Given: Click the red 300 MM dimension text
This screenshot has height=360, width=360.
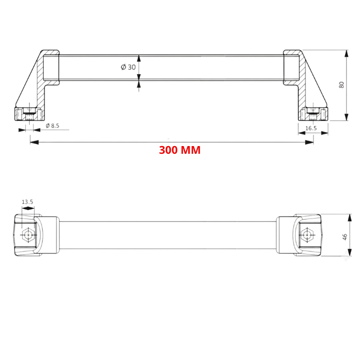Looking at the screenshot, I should [179, 150].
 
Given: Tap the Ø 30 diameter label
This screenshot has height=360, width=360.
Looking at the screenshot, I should [128, 67].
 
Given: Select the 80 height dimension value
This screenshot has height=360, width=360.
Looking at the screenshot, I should [341, 85].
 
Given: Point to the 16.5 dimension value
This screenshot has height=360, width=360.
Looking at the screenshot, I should [311, 128].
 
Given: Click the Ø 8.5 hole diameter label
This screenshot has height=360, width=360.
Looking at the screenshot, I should [52, 125].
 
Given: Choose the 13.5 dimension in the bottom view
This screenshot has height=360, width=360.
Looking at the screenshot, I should [27, 202].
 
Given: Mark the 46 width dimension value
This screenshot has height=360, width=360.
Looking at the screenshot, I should [345, 236].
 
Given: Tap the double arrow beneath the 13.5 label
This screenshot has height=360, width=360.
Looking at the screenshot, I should [27, 209].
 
